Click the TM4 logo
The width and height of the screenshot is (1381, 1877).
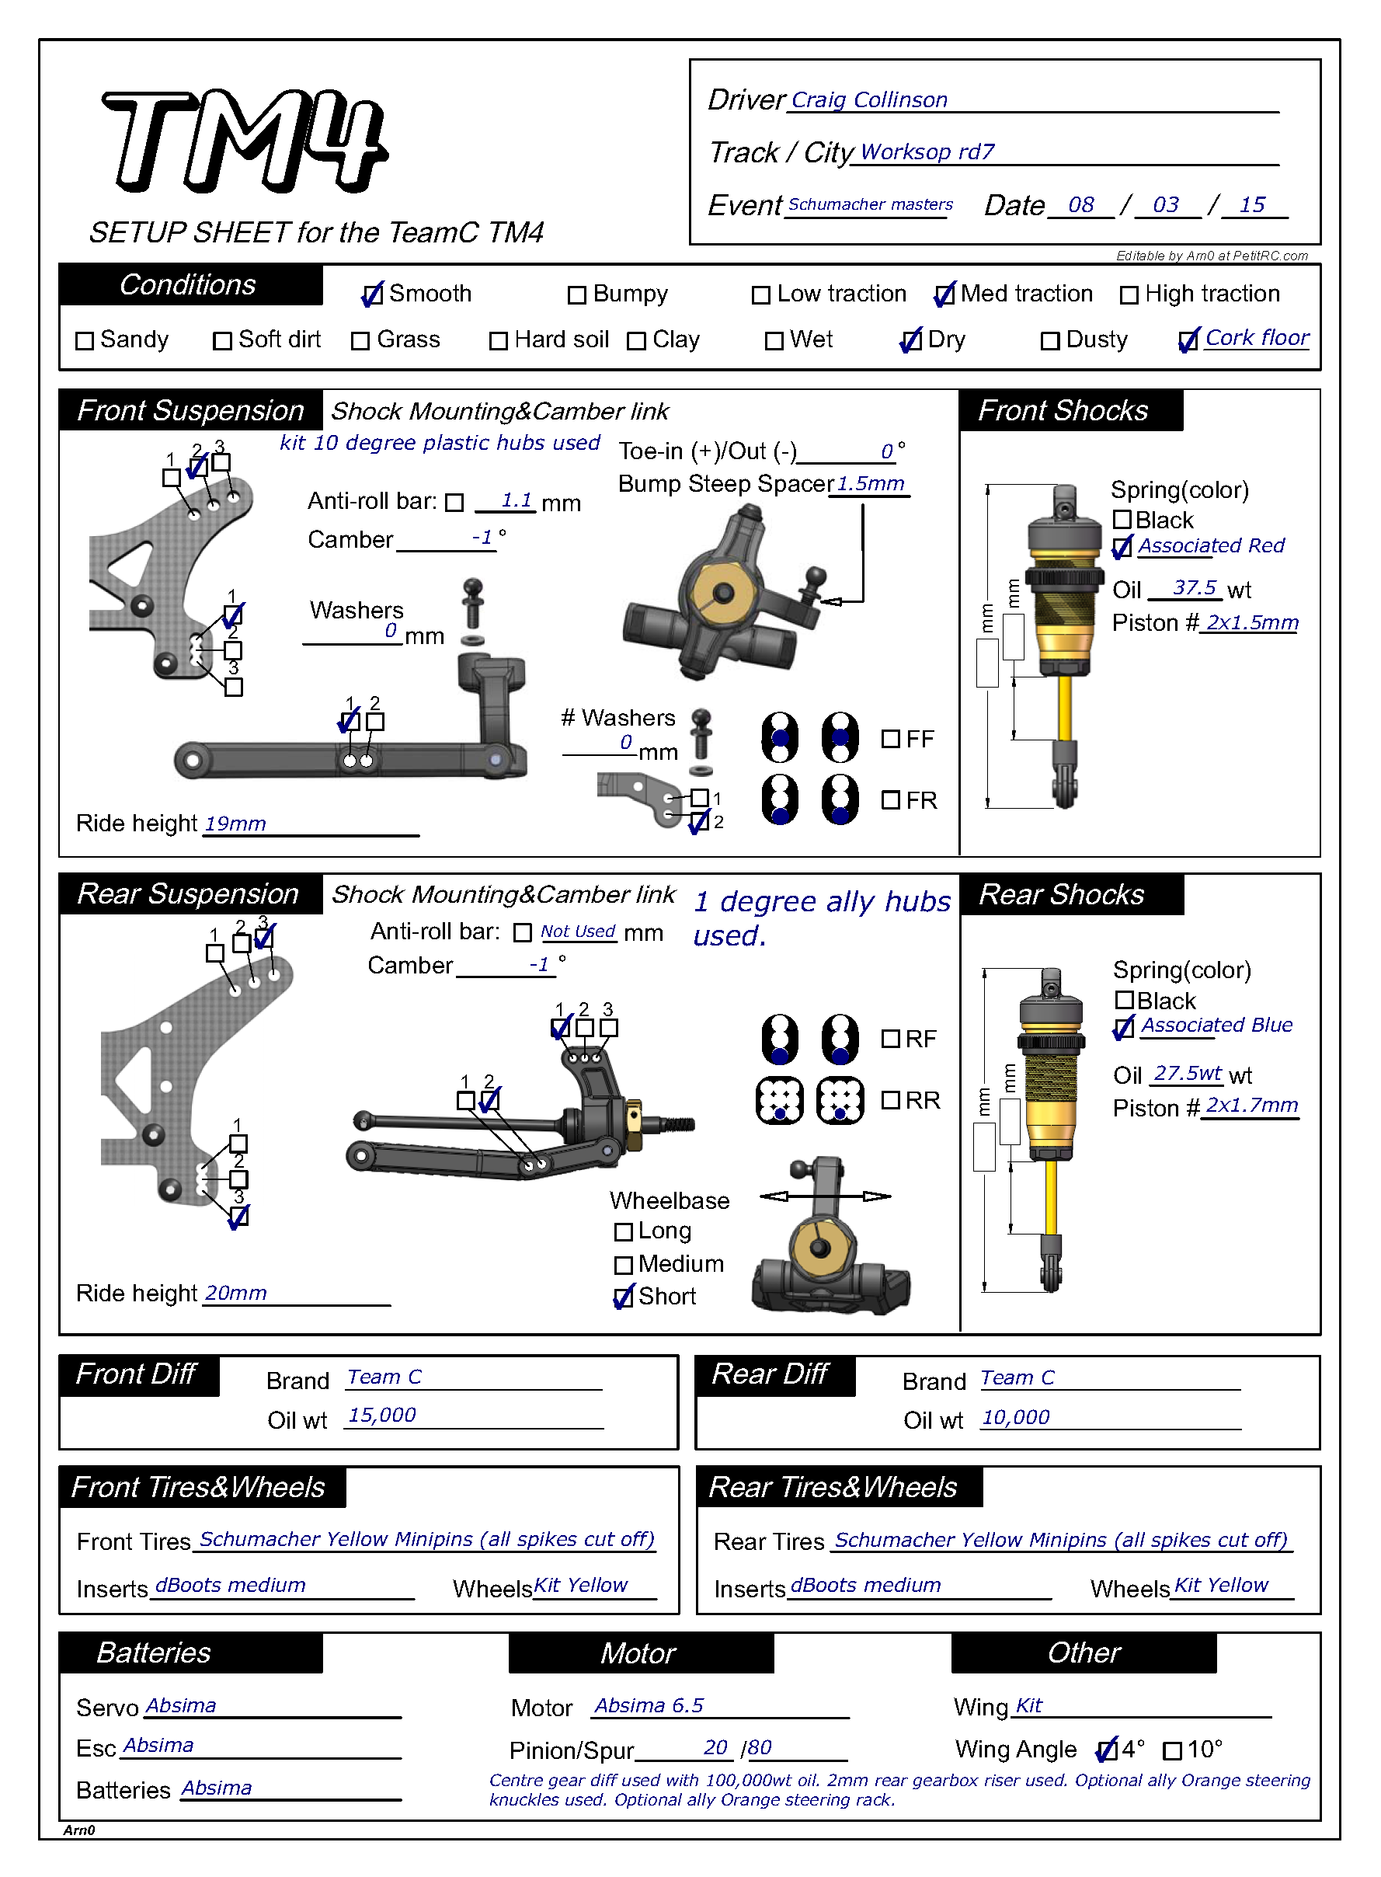pyautogui.click(x=244, y=141)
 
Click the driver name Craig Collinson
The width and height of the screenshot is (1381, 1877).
pyautogui.click(x=868, y=100)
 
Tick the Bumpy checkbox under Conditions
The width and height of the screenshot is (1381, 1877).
pyautogui.click(x=576, y=295)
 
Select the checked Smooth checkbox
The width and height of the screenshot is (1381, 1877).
pyautogui.click(x=372, y=295)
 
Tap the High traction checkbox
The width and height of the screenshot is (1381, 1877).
pyautogui.click(x=1129, y=295)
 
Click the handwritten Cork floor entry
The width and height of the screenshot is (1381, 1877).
pyautogui.click(x=1257, y=338)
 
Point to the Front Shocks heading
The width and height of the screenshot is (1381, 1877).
pyautogui.click(x=1063, y=410)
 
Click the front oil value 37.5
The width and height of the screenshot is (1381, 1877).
pyautogui.click(x=1194, y=588)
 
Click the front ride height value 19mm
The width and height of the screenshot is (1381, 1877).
pyautogui.click(x=235, y=824)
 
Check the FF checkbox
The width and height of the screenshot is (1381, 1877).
pyautogui.click(x=890, y=739)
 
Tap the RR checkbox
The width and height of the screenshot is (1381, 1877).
pyautogui.click(x=890, y=1100)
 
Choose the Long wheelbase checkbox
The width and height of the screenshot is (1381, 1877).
pyautogui.click(x=623, y=1232)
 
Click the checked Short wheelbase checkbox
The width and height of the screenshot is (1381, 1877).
pyautogui.click(x=623, y=1297)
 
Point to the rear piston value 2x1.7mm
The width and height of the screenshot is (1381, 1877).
pyautogui.click(x=1251, y=1106)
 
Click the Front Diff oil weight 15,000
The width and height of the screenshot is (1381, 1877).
pyautogui.click(x=382, y=1416)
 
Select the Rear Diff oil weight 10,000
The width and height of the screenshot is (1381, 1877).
pyautogui.click(x=1015, y=1417)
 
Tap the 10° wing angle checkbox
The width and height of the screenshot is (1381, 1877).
pyautogui.click(x=1172, y=1750)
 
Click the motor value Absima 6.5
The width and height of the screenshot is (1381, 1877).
pyautogui.click(x=649, y=1705)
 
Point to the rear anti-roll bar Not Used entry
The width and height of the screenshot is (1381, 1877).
pyautogui.click(x=577, y=932)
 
